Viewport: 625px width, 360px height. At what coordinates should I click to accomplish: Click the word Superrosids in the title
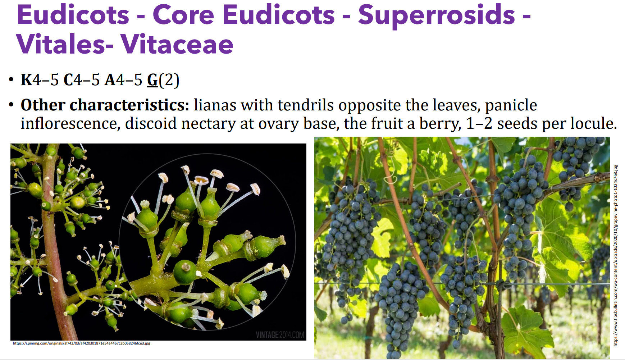point(437,15)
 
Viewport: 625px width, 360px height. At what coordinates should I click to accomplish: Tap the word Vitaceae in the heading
point(177,45)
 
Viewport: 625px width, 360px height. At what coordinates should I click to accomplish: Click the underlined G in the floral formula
point(152,80)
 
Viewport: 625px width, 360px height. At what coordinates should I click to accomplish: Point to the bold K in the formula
point(27,80)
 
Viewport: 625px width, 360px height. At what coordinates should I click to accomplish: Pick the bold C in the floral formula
point(68,80)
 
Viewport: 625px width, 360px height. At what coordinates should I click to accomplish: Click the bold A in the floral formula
point(110,80)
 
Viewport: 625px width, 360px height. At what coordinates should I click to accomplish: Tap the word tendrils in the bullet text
point(306,105)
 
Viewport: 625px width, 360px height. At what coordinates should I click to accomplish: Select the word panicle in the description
point(511,105)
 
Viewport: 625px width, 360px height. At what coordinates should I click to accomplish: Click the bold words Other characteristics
point(105,105)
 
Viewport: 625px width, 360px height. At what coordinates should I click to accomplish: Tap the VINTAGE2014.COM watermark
point(280,335)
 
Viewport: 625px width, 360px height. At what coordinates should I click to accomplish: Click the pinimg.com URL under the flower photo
point(82,343)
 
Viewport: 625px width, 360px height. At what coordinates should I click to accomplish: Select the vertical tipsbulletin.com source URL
point(615,255)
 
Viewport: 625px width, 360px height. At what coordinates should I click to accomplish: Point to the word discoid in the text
point(151,124)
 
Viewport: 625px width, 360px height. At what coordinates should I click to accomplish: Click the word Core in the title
point(183,15)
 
